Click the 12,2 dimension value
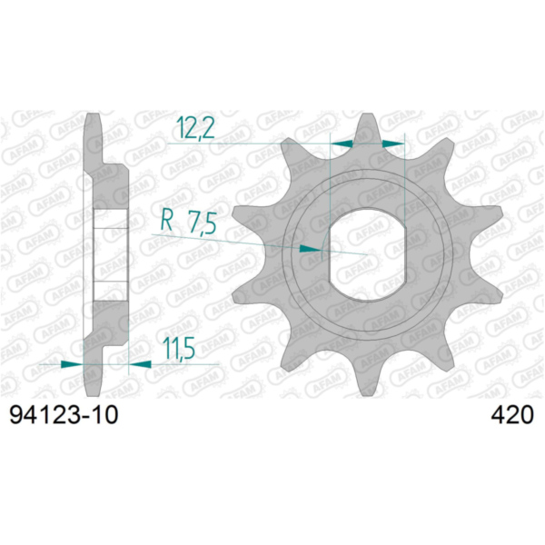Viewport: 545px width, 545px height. tap(195, 127)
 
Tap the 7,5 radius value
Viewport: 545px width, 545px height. tap(203, 223)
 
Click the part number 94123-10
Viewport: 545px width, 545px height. tap(64, 415)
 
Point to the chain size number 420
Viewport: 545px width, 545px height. tap(512, 415)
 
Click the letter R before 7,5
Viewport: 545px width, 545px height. tap(167, 221)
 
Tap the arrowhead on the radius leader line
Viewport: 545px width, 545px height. tap(311, 248)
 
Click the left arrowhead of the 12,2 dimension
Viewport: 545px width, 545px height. tap(341, 144)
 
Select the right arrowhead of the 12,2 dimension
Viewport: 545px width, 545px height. tap(393, 144)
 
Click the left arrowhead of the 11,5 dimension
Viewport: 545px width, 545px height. tap(72, 364)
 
